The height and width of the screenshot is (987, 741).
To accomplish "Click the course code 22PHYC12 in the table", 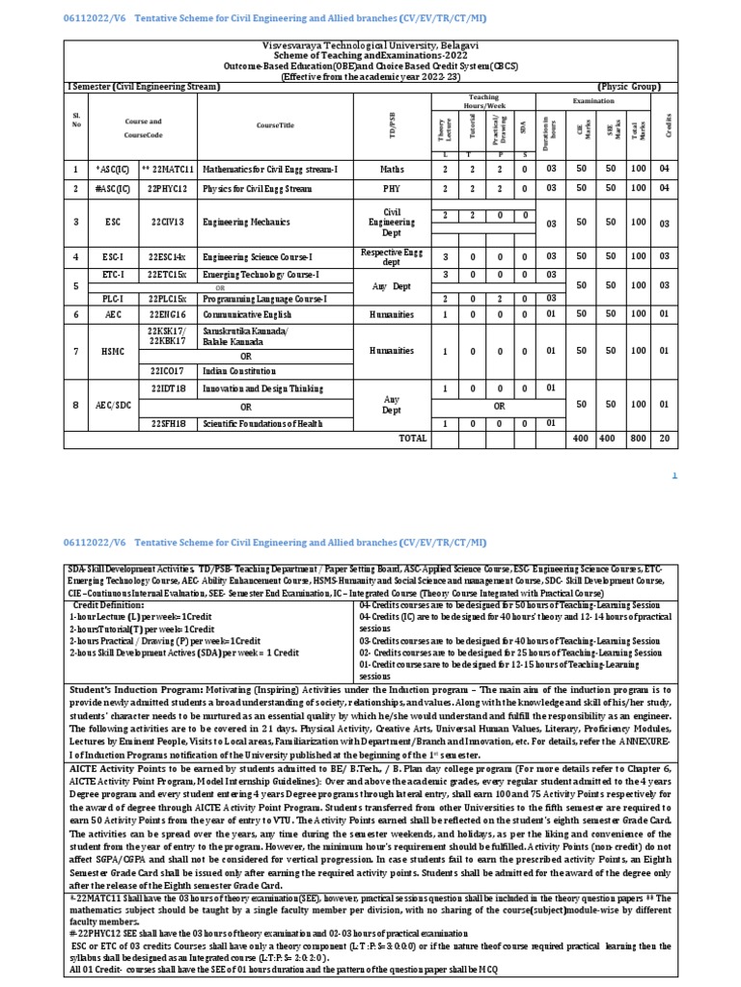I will point(169,189).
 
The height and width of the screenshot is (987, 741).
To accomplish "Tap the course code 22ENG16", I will point(167,313).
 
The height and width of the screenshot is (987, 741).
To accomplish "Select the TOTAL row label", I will point(412,438).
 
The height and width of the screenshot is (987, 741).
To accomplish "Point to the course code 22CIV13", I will point(168,221).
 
